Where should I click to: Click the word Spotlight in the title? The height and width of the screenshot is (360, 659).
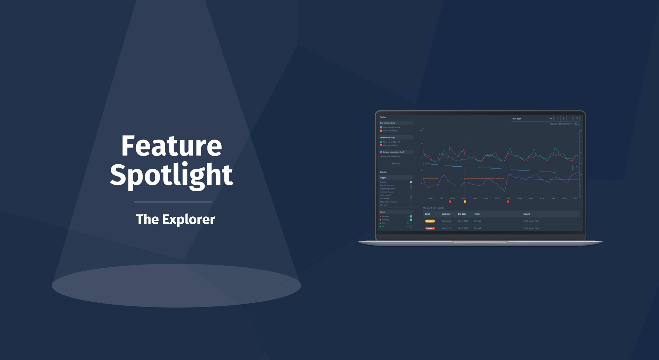pyautogui.click(x=171, y=175)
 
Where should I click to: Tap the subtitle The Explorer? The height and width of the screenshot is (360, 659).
pyautogui.click(x=175, y=219)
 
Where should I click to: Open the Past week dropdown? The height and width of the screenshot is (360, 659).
pyautogui.click(x=531, y=119)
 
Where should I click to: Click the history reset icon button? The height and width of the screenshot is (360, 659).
pyautogui.click(x=576, y=119)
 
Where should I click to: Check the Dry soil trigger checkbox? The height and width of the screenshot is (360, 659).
pyautogui.click(x=411, y=182)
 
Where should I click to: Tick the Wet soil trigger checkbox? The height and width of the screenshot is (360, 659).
pyautogui.click(x=411, y=205)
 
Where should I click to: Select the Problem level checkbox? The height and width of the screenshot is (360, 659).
pyautogui.click(x=411, y=216)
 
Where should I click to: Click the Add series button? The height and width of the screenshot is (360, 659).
pyautogui.click(x=396, y=164)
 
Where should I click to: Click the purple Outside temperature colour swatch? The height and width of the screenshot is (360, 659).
pyautogui.click(x=381, y=152)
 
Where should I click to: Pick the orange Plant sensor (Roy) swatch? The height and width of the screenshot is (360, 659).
pyautogui.click(x=381, y=131)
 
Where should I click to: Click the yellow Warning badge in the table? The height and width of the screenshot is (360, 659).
pyautogui.click(x=430, y=221)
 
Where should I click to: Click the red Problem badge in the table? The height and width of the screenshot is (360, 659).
pyautogui.click(x=430, y=228)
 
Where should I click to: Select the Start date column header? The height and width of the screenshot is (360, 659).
pyautogui.click(x=446, y=214)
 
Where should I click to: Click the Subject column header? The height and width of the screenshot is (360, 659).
pyautogui.click(x=527, y=214)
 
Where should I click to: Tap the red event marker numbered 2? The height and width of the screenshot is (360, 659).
pyautogui.click(x=508, y=202)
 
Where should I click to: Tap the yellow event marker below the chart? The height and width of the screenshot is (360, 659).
pyautogui.click(x=465, y=202)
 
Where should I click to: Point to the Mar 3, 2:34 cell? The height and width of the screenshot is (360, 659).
pyautogui.click(x=446, y=221)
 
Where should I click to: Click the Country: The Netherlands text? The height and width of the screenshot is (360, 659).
pyautogui.click(x=390, y=156)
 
